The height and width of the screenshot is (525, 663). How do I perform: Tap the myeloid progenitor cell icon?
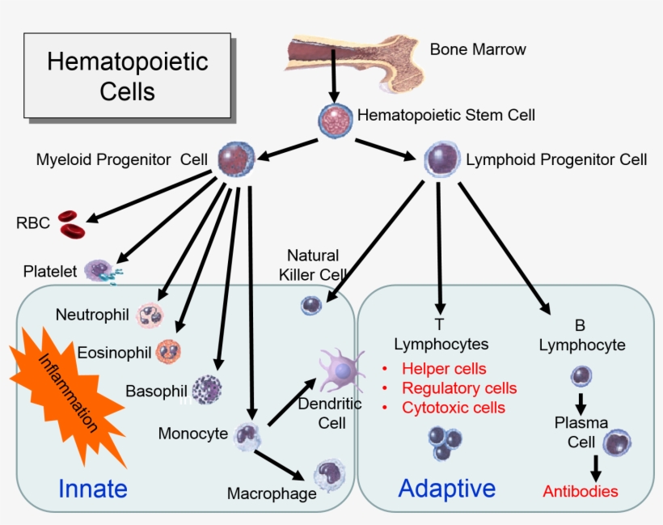(x=237, y=159)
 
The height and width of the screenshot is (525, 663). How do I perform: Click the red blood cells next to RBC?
(x=72, y=224)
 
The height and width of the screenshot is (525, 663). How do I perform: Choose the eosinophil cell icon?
(x=168, y=351)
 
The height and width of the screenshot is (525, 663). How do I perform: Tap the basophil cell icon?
(x=206, y=389)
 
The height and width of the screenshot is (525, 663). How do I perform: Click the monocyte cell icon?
(x=248, y=435)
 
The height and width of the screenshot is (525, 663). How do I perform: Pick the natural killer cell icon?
(x=311, y=305)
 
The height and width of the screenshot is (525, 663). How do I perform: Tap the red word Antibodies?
(x=580, y=491)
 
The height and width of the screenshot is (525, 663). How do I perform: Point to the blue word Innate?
(x=92, y=488)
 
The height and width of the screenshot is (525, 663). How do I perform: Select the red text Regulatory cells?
(x=458, y=388)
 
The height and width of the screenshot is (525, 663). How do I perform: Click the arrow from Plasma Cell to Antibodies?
(x=596, y=467)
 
